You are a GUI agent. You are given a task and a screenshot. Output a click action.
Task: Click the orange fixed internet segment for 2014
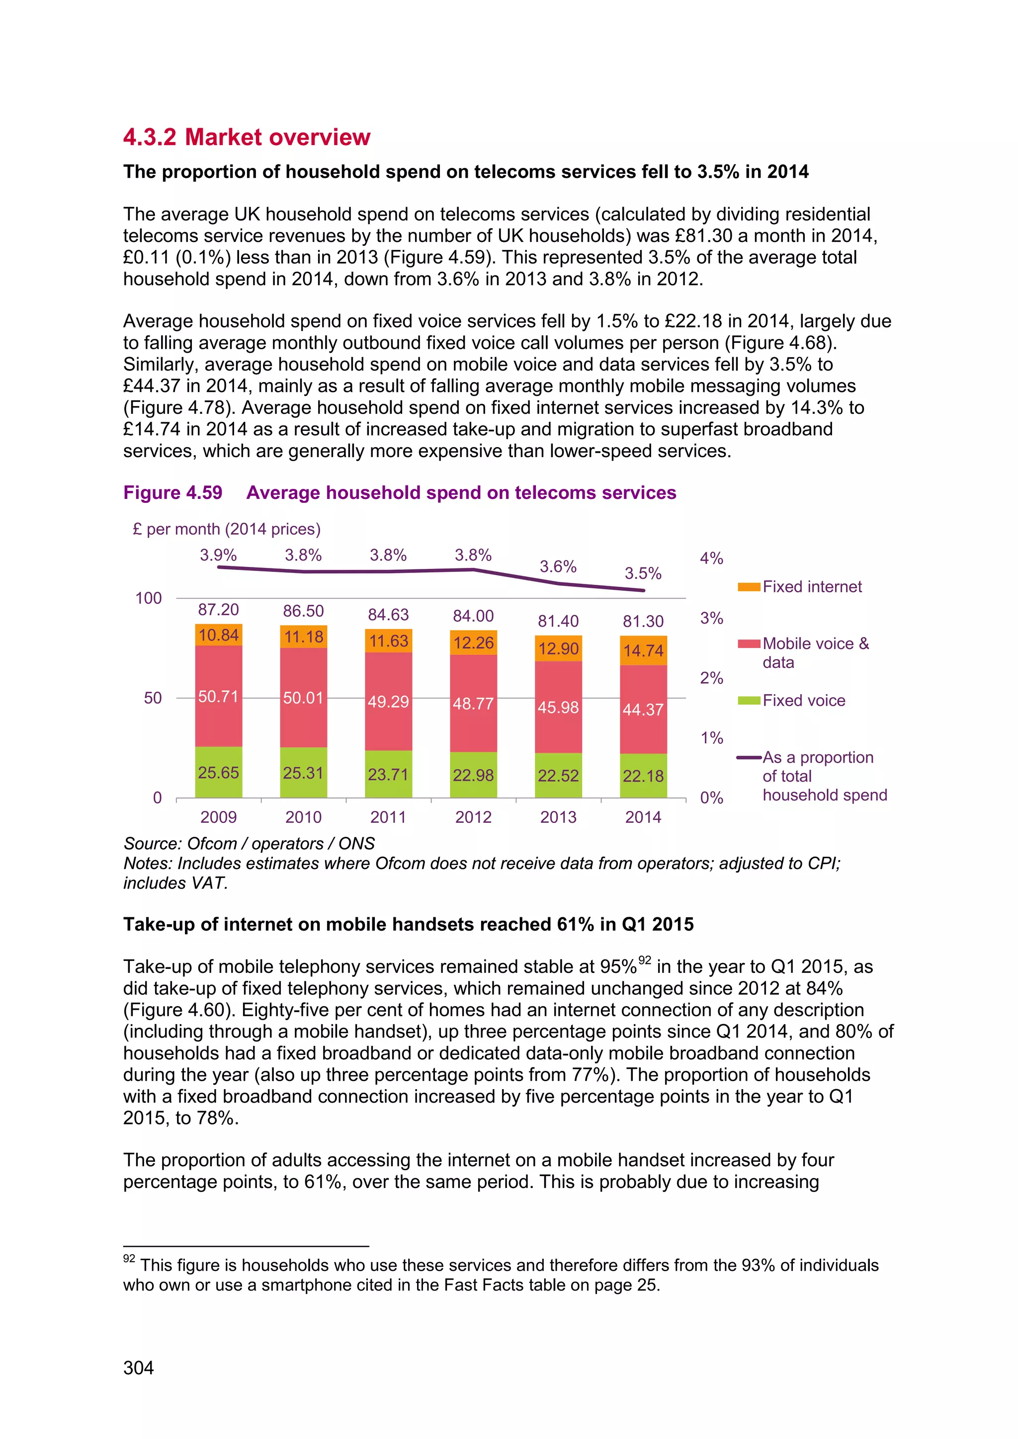(x=643, y=650)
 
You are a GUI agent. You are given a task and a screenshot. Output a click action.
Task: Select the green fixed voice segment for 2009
(x=218, y=772)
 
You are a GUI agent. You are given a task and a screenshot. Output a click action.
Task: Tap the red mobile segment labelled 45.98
(x=558, y=707)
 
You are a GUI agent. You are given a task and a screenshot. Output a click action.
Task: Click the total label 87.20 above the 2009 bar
(x=218, y=610)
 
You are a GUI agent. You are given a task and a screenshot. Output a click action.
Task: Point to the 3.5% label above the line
(x=643, y=573)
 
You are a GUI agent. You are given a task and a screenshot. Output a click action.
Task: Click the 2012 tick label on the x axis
(x=473, y=817)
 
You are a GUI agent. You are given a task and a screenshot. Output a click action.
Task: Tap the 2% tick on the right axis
(x=711, y=678)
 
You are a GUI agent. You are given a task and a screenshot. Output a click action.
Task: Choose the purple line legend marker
(x=749, y=758)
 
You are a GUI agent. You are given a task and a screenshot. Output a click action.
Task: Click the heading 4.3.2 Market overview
(x=247, y=137)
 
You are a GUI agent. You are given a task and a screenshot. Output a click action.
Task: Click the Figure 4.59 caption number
(x=172, y=492)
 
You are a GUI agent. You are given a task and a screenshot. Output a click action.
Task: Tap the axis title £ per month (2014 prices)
(x=226, y=529)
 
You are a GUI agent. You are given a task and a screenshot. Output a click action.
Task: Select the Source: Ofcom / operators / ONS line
(x=249, y=844)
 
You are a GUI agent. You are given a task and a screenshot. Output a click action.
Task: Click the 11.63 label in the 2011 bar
(x=388, y=641)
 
